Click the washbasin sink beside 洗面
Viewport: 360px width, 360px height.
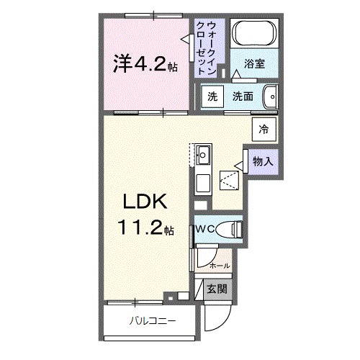click(x=271, y=97)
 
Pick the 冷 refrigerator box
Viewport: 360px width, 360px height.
click(x=264, y=130)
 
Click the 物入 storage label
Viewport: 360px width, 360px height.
click(x=262, y=161)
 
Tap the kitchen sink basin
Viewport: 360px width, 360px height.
click(x=203, y=154)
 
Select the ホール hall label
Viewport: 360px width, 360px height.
click(x=219, y=266)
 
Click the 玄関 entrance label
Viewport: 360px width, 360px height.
click(x=217, y=289)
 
